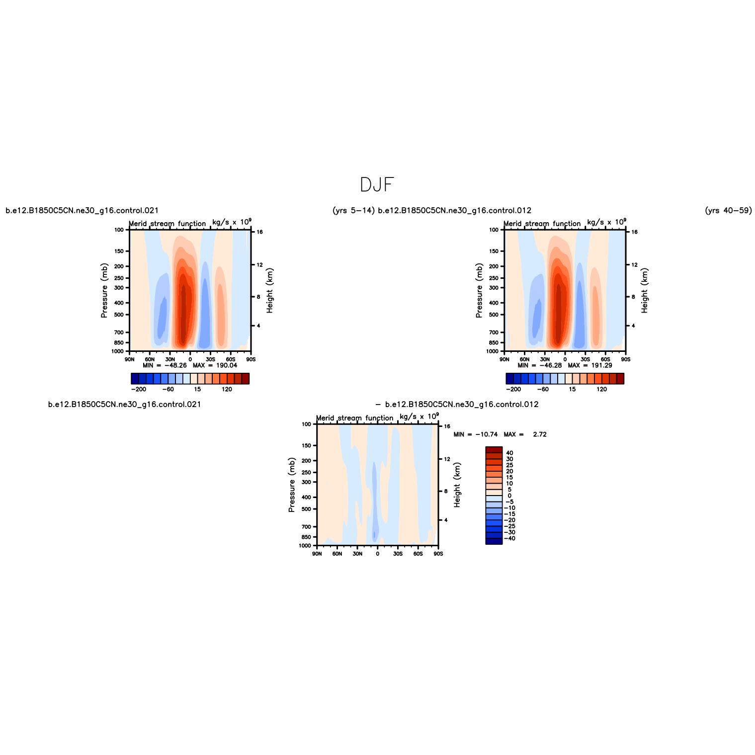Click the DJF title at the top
377,185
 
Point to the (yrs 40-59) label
728,211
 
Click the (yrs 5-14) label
353,211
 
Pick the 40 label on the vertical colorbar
509,453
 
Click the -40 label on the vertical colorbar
510,538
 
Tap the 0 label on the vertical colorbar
509,496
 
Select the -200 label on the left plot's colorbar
139,389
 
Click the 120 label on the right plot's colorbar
602,389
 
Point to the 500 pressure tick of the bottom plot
306,509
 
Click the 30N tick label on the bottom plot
357,554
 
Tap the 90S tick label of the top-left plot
251,359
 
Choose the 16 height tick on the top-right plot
635,232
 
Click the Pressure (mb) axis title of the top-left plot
104,291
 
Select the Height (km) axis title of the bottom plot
457,485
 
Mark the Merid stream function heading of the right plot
542,224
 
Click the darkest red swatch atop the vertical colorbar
494,450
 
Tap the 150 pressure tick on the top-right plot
493,251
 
